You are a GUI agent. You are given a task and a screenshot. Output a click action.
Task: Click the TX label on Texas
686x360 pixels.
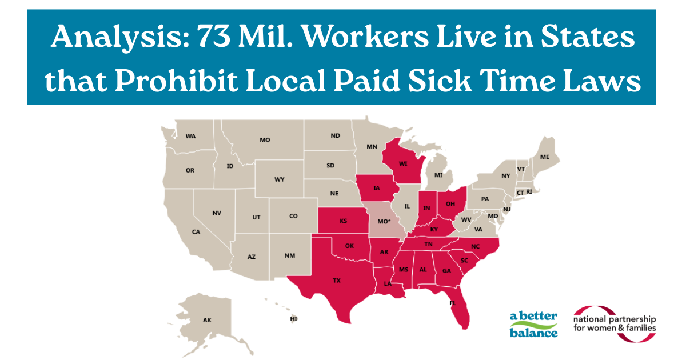pos(337,281)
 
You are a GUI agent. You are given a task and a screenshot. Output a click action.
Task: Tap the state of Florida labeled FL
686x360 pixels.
pos(453,305)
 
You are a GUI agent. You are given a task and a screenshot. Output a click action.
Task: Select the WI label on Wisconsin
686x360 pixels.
pos(402,163)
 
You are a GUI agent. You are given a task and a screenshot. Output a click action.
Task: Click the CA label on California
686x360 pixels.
pos(196,232)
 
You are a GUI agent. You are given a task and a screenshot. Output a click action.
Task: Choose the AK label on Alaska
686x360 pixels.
pos(207,320)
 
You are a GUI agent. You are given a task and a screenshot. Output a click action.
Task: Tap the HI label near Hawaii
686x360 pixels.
pos(294,318)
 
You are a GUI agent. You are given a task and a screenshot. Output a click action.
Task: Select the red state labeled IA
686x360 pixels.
pos(377,187)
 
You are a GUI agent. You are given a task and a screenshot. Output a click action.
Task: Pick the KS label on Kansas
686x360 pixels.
pos(343,221)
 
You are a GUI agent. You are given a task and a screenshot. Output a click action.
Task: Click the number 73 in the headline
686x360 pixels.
pos(216,38)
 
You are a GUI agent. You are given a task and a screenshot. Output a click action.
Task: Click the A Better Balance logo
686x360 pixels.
pos(533,325)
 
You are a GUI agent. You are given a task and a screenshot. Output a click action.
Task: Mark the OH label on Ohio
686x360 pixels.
pos(450,203)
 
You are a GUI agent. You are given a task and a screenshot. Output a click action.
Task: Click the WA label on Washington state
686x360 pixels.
pos(190,136)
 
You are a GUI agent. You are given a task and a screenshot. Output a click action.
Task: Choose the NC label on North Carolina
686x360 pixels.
pos(475,247)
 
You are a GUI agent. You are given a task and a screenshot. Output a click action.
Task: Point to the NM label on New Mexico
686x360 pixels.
pos(290,256)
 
